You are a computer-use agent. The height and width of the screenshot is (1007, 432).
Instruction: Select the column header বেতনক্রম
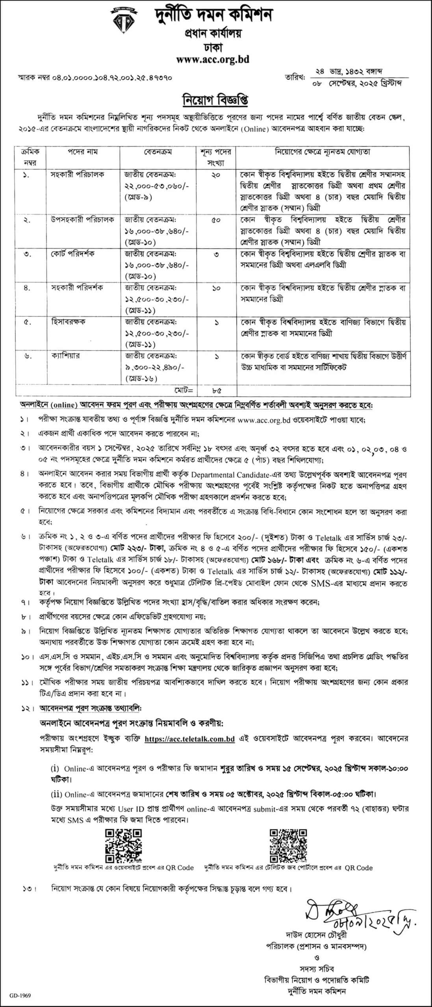[x=158, y=152]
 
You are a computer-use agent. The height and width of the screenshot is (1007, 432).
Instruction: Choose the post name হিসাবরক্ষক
[x=69, y=322]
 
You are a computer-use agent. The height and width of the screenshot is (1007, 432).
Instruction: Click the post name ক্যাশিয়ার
[x=65, y=356]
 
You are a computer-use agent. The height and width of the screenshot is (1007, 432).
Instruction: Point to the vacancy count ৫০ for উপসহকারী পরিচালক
[x=216, y=220]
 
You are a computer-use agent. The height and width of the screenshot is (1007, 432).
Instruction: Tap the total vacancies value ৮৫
[x=216, y=391]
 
